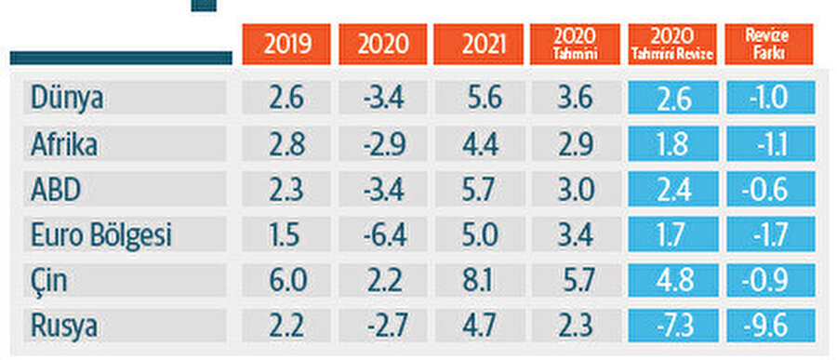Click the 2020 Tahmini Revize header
(x=671, y=45)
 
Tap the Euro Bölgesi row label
(x=100, y=235)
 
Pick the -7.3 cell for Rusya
(x=671, y=327)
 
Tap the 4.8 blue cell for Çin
(x=671, y=281)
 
